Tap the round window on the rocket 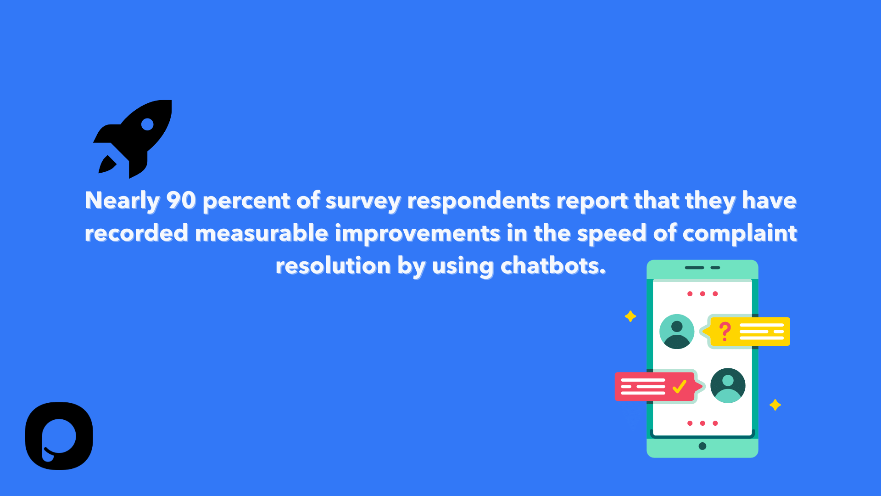(147, 124)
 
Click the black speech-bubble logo (59, 436)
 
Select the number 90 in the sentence (181, 201)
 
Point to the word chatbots (553, 266)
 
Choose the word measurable (262, 233)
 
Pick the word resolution (333, 266)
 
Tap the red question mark (725, 331)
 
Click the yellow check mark (679, 386)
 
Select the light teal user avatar (677, 332)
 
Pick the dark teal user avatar (728, 385)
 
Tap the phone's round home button (703, 446)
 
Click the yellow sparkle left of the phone (630, 316)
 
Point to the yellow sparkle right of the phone (775, 405)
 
